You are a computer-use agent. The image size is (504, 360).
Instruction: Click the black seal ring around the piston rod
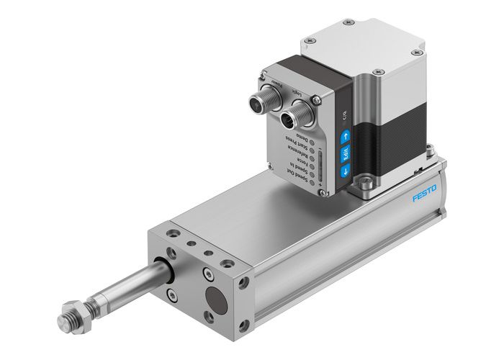pyautogui.click(x=167, y=273)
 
